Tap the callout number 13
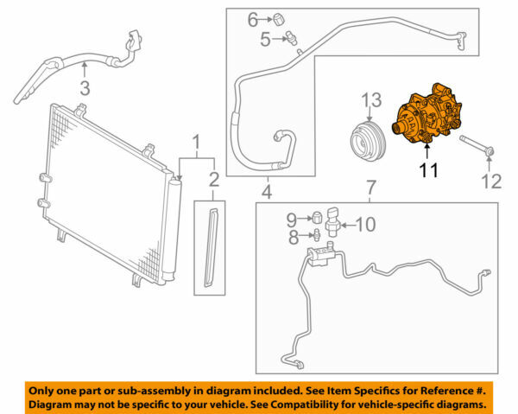click(x=370, y=102)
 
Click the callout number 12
click(x=490, y=181)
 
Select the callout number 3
click(x=84, y=87)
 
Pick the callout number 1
click(x=197, y=140)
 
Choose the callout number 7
click(x=371, y=188)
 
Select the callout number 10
click(x=365, y=225)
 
